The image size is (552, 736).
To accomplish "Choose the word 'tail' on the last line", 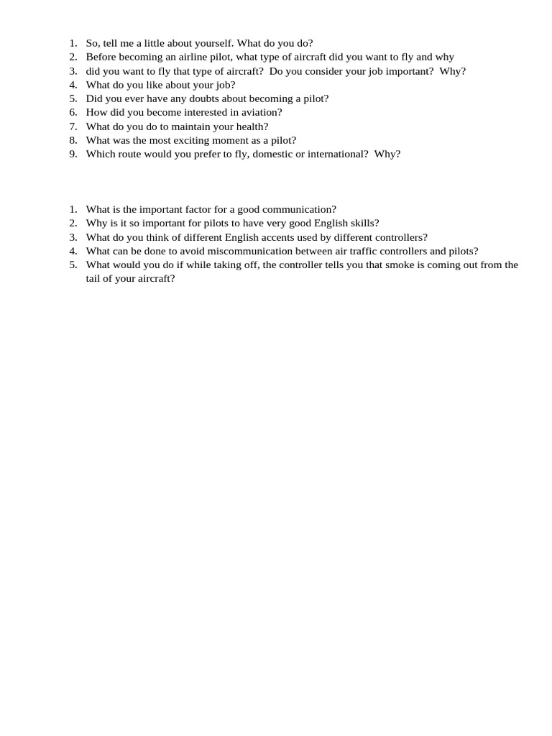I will (93, 279).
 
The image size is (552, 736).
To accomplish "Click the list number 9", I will (73, 154).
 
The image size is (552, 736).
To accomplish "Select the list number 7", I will (73, 126).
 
